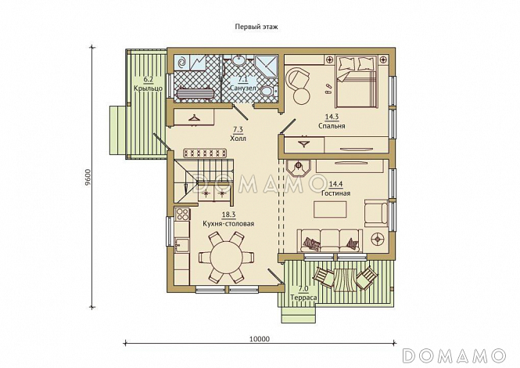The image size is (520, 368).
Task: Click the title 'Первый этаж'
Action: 256,27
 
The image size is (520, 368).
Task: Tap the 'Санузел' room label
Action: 243,88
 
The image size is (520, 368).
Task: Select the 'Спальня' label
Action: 332,126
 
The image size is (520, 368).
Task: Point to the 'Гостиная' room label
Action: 336,193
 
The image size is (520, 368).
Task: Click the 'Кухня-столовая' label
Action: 228,223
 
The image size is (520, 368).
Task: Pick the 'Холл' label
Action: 238,138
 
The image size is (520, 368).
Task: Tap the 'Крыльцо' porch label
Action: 148,88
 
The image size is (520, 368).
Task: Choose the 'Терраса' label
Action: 303,298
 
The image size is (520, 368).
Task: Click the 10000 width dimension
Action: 260,339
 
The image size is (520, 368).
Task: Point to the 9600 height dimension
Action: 88,179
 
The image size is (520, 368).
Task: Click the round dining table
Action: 227,258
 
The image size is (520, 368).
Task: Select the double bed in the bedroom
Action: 357,81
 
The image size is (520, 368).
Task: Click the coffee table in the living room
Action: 331,209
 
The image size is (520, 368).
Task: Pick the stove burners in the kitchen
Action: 182,214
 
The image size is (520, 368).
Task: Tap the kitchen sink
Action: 181,245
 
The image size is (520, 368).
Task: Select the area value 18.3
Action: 228,215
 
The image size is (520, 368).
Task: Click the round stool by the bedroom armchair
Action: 302,96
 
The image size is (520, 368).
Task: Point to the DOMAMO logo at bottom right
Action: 454,355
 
